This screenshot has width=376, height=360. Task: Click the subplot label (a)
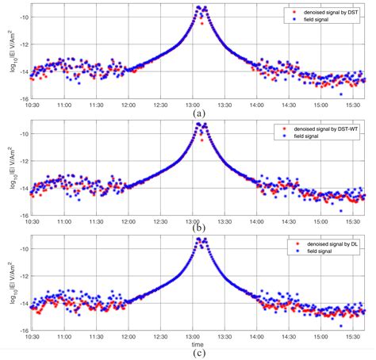point(199,113)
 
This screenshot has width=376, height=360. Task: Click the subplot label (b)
point(199,229)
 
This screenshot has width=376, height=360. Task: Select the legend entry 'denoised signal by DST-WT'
point(322,128)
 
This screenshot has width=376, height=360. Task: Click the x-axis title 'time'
point(199,345)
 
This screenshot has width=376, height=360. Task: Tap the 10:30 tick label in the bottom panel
point(32,337)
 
